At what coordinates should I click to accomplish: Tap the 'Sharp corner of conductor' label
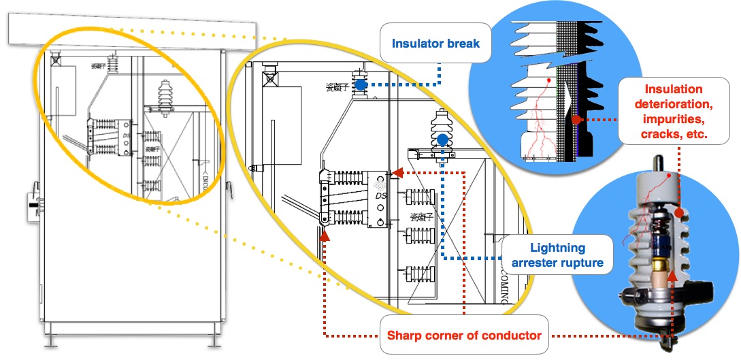(463, 335)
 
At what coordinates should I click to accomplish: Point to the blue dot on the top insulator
(361, 84)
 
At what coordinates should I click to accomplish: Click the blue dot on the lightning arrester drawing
(442, 140)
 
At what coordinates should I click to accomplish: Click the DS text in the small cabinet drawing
(126, 135)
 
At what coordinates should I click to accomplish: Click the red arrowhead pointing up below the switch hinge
(324, 235)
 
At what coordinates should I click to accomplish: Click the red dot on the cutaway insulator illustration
(576, 120)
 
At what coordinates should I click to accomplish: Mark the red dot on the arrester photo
(681, 214)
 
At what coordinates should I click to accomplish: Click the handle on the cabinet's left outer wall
(32, 204)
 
